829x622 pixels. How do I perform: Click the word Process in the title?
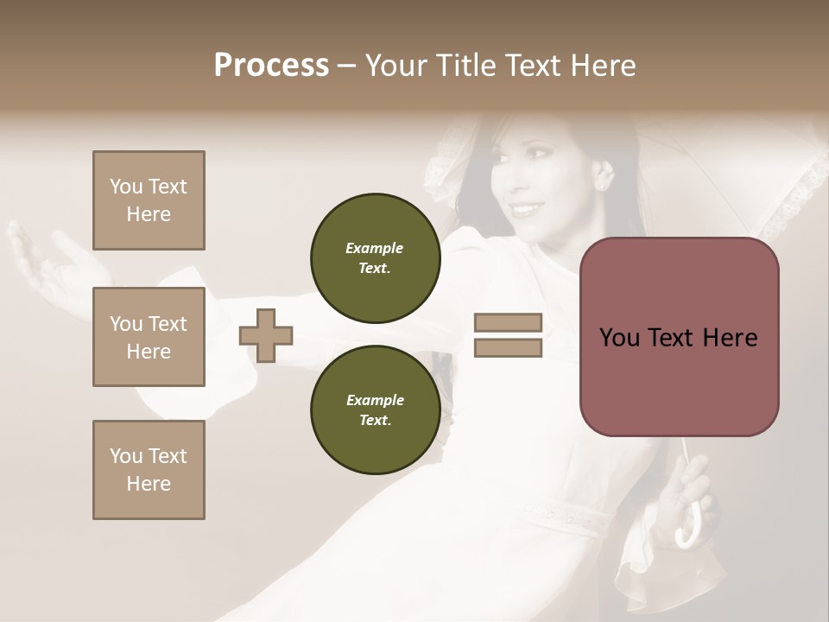[x=271, y=66]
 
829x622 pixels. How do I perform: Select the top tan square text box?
[x=149, y=200]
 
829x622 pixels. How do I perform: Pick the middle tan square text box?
[x=149, y=337]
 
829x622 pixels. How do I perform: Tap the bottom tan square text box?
[x=149, y=470]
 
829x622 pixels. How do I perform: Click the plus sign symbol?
[x=266, y=335]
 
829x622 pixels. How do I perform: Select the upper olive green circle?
[x=376, y=258]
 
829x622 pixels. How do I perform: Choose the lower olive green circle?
[x=376, y=410]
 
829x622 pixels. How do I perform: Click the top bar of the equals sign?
[x=508, y=323]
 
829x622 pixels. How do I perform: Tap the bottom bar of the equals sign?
[x=508, y=348]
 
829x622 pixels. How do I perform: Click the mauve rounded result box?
[x=679, y=337]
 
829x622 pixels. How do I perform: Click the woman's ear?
[x=602, y=176]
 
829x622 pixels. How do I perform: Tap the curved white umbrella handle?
[x=691, y=531]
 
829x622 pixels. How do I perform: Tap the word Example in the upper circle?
[x=375, y=248]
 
